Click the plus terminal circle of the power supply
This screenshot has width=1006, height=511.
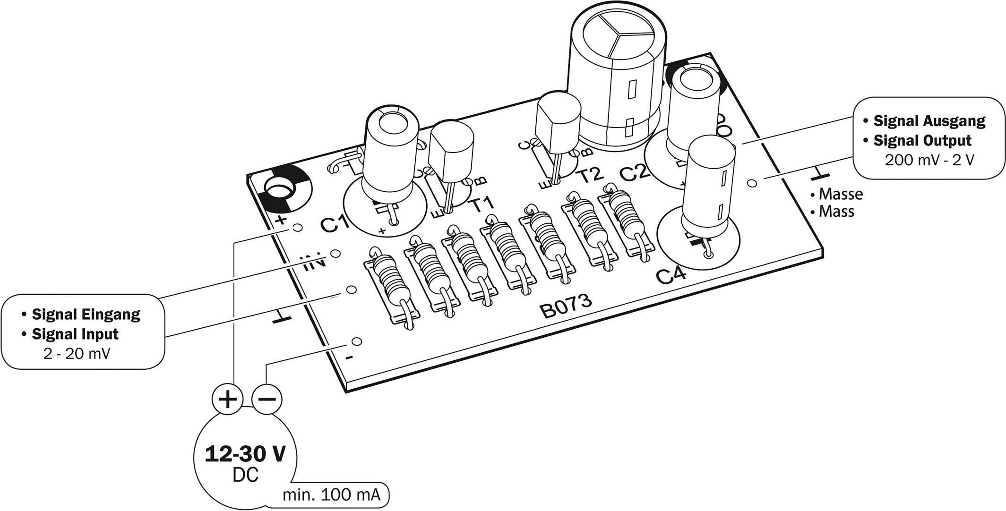click(x=227, y=400)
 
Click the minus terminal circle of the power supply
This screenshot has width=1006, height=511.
click(x=267, y=400)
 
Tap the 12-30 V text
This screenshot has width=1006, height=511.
click(x=245, y=454)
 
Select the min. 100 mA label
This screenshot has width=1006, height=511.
click(x=331, y=495)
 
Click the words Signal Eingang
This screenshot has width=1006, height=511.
click(x=86, y=314)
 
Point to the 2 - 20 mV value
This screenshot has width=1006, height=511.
click(x=76, y=354)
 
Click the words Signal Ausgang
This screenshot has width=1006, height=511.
click(x=929, y=121)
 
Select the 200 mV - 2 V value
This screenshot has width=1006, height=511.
click(x=929, y=160)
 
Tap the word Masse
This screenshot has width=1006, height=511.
click(x=841, y=194)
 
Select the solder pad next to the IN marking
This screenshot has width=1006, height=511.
click(x=335, y=254)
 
